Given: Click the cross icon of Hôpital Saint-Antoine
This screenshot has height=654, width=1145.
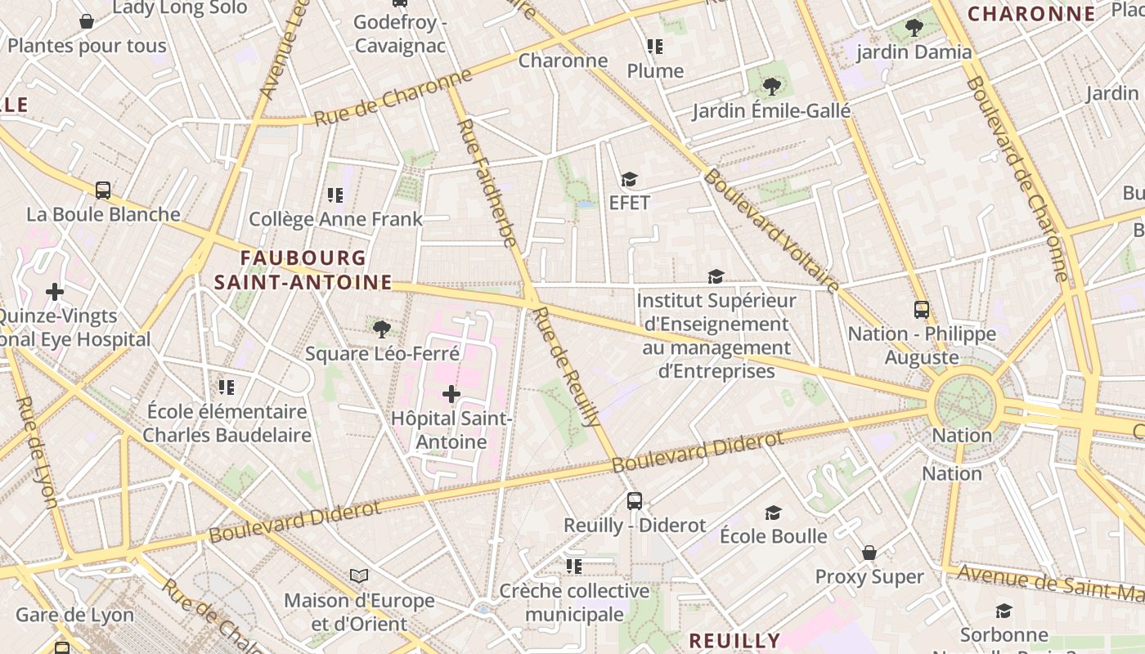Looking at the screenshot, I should pyautogui.click(x=451, y=394).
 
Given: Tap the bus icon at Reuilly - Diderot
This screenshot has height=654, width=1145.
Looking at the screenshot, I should pyautogui.click(x=635, y=501).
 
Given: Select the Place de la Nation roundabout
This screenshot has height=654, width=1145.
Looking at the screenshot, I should pyautogui.click(x=967, y=401).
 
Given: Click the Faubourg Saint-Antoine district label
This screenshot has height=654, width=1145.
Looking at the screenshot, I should pyautogui.click(x=303, y=271).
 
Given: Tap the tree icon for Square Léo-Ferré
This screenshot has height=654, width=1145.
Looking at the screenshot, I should pyautogui.click(x=381, y=329).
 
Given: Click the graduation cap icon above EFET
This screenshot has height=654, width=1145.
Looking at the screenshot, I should pyautogui.click(x=629, y=179).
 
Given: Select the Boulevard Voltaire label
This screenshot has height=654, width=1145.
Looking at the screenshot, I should pyautogui.click(x=771, y=231).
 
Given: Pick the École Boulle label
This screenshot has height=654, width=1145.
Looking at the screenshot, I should pyautogui.click(x=773, y=536).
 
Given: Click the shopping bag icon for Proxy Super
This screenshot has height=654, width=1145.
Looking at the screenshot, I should pyautogui.click(x=869, y=553).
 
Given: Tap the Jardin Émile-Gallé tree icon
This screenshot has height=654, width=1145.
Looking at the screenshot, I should pyautogui.click(x=771, y=86).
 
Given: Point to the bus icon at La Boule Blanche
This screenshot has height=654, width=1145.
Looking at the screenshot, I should pyautogui.click(x=103, y=190).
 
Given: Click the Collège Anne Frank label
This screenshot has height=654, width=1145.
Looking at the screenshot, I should pyautogui.click(x=335, y=219).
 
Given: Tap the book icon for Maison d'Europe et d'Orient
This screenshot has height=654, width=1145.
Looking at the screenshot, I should pyautogui.click(x=359, y=576).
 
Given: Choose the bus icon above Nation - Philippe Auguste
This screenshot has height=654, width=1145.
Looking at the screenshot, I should pyautogui.click(x=922, y=310).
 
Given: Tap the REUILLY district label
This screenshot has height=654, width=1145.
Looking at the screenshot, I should pyautogui.click(x=734, y=640).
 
